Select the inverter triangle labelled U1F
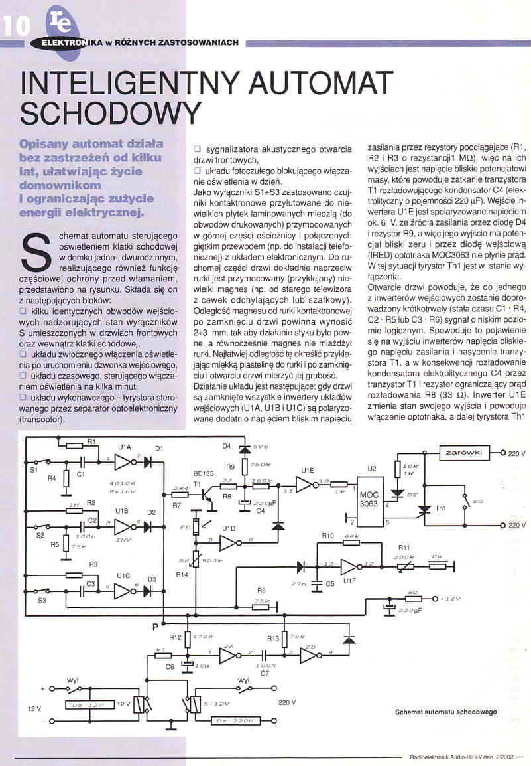click(348, 566)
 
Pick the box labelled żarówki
click(464, 453)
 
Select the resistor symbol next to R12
click(187, 639)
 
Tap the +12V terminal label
click(450, 599)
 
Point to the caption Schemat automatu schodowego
click(445, 711)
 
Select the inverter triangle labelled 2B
click(308, 656)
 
